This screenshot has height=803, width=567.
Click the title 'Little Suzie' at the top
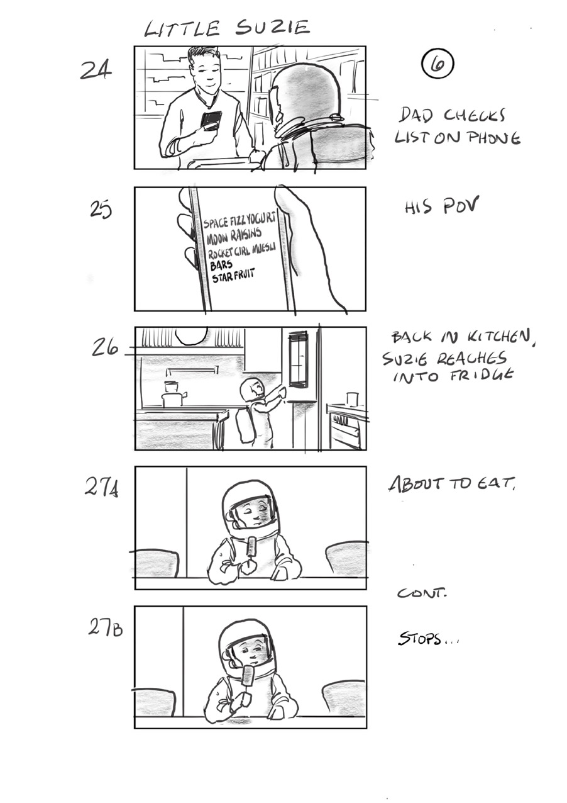(x=227, y=28)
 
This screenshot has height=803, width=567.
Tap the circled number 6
(x=438, y=64)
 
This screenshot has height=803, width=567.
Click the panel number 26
(x=105, y=346)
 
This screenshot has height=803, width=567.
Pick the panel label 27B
(x=104, y=627)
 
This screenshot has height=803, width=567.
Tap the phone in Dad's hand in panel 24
(x=211, y=120)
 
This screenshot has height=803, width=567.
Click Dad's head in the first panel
(x=205, y=68)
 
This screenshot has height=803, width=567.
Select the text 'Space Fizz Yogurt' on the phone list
(x=241, y=220)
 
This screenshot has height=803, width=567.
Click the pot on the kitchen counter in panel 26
(x=172, y=395)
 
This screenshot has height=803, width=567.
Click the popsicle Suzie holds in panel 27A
(x=252, y=546)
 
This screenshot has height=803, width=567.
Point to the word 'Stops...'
(x=428, y=641)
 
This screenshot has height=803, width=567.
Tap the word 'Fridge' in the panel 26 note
(x=483, y=376)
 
